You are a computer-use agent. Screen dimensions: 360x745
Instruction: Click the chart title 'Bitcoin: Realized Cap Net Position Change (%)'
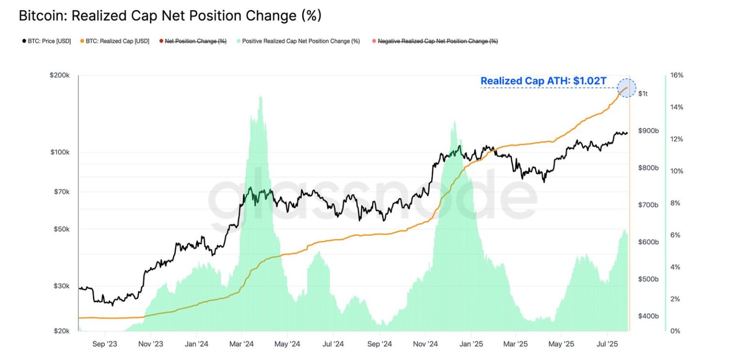click(170, 16)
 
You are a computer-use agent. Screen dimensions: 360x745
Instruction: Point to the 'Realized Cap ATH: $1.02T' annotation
click(543, 81)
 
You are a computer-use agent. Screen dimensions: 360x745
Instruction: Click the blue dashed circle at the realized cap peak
click(626, 88)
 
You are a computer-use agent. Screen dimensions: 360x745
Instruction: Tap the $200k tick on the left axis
click(60, 76)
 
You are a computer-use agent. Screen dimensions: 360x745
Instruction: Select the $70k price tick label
click(62, 192)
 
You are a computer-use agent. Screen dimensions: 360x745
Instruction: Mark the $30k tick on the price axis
click(62, 286)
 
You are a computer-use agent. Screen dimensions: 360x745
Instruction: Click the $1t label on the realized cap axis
click(643, 94)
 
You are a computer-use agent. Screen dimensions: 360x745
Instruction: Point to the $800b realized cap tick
click(648, 168)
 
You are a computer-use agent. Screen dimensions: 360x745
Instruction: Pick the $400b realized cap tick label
click(648, 316)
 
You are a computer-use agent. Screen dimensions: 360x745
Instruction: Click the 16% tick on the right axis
click(677, 76)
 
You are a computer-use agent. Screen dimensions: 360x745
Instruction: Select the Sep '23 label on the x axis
click(105, 344)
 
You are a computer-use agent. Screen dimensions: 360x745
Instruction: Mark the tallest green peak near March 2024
click(261, 97)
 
